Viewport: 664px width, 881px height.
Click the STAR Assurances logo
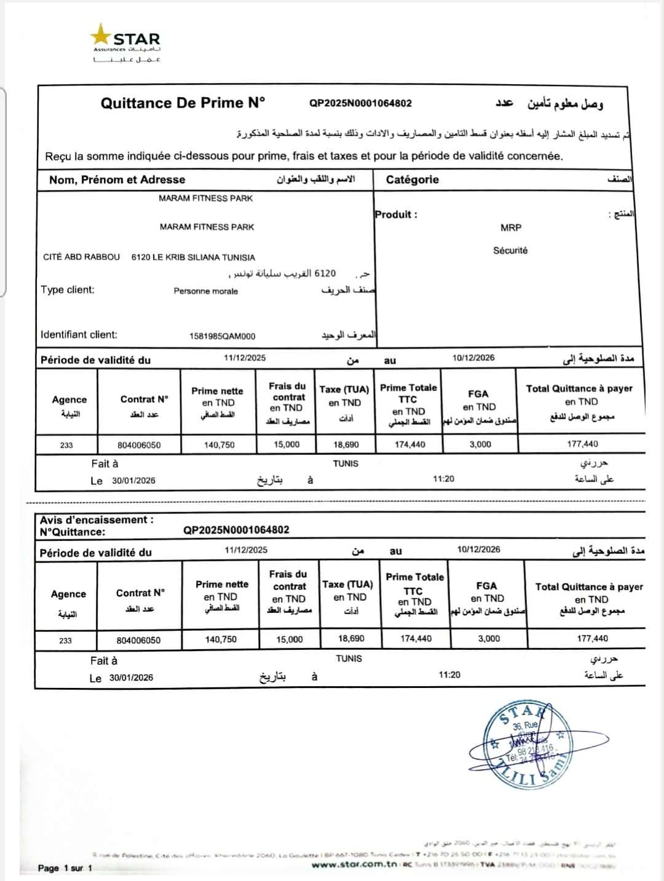coord(126,43)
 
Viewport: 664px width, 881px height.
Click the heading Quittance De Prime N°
coord(183,103)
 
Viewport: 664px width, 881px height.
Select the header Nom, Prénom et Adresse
coord(117,180)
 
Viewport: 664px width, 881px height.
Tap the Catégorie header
coord(412,180)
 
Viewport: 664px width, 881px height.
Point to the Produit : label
coord(396,215)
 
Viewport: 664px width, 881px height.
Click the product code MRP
coord(510,227)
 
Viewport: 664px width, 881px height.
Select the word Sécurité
coord(510,250)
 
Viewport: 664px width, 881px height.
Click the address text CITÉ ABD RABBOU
coord(81,257)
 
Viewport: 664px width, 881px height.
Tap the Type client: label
coord(68,290)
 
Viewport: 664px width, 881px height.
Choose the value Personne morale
coord(205,291)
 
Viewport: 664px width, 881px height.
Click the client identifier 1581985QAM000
coord(222,336)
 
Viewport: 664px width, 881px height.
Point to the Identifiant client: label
coord(79,334)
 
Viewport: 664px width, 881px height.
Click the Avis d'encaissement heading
coord(97,520)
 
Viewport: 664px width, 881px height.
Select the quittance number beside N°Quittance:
coord(236,530)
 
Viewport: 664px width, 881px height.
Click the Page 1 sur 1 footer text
coord(65,868)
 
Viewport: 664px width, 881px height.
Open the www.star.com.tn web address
coord(354,865)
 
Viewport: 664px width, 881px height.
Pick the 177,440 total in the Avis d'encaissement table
coord(592,639)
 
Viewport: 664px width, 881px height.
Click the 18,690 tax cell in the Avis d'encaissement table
coord(351,639)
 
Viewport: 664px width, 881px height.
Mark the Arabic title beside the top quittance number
coord(565,103)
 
